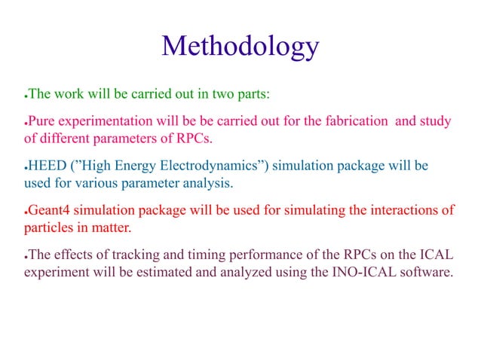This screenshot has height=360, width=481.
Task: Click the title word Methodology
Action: [x=240, y=47]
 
